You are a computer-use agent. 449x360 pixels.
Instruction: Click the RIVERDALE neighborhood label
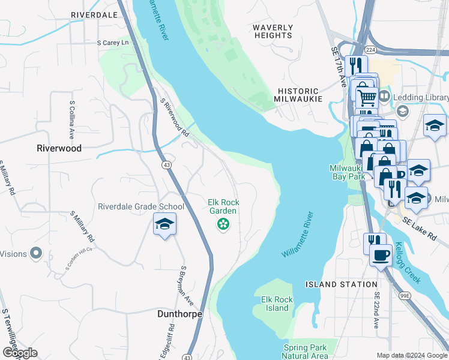click(94, 14)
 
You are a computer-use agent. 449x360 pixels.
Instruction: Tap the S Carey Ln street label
click(113, 43)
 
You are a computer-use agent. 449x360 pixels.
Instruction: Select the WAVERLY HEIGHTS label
click(273, 32)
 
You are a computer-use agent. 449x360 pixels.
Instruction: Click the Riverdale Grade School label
click(141, 207)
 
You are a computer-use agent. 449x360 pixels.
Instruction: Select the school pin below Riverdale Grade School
click(164, 224)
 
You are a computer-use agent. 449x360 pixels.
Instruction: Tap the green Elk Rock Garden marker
click(223, 224)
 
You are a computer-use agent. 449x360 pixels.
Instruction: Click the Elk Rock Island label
click(277, 304)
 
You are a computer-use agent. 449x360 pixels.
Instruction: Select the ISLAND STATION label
click(341, 284)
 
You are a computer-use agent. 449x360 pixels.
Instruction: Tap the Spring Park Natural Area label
click(306, 352)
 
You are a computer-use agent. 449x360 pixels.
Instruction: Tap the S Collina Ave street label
click(71, 119)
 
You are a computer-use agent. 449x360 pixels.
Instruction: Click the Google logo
click(20, 353)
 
